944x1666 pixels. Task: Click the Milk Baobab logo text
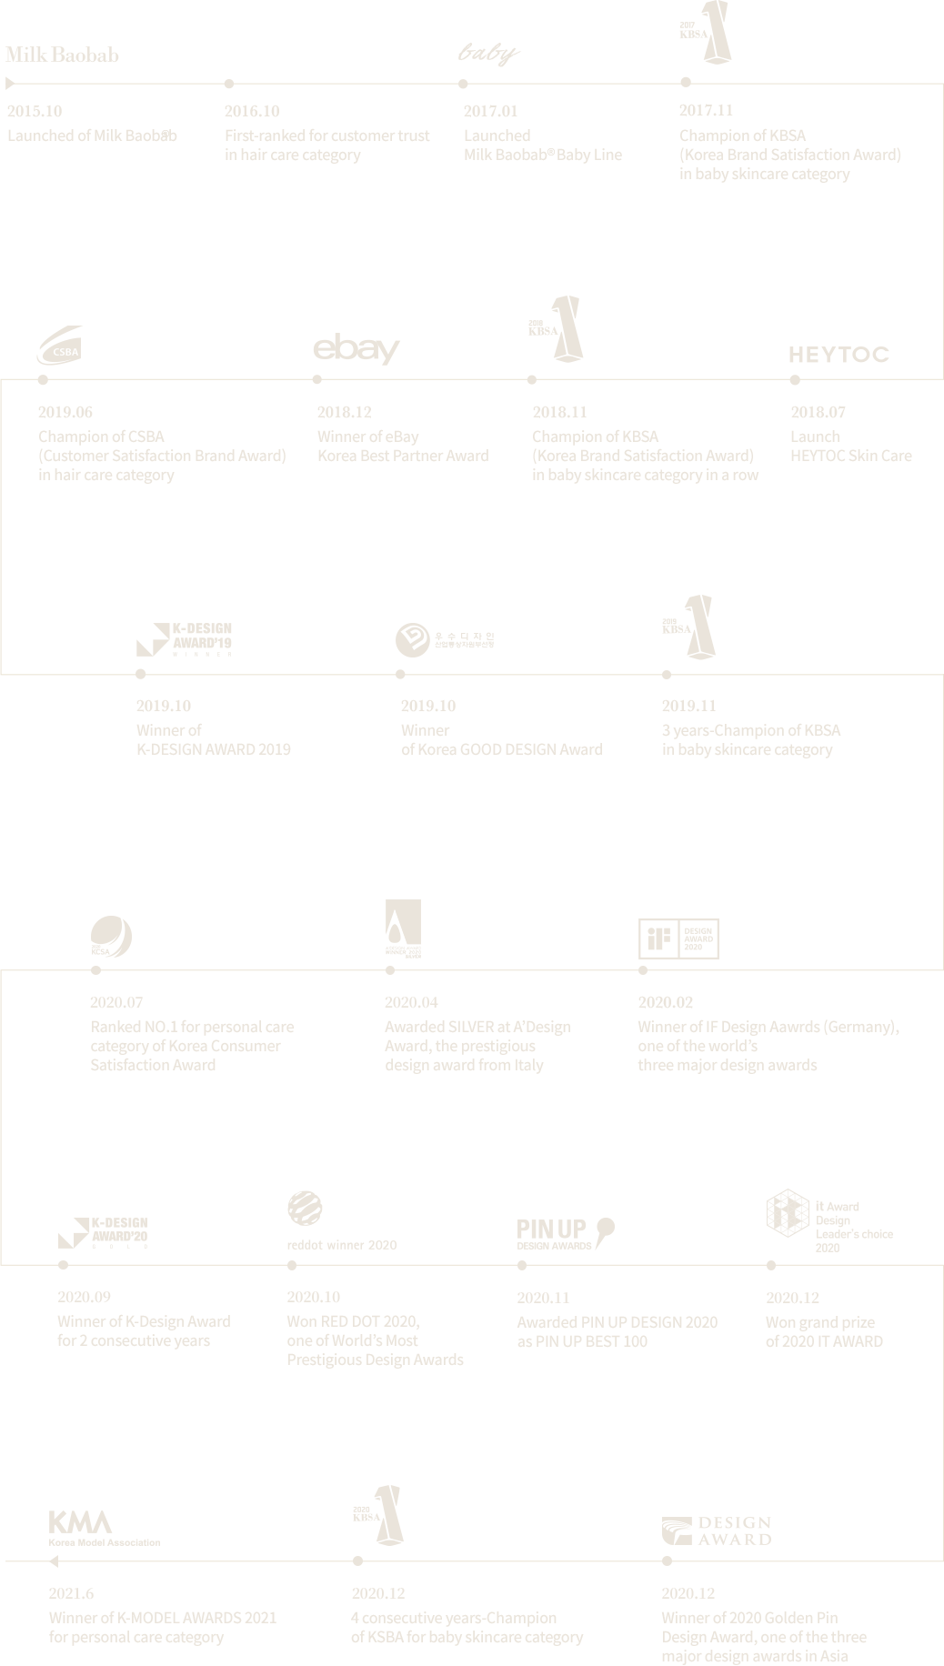click(62, 55)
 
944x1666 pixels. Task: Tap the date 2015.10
click(35, 111)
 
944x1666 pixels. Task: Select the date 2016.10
click(252, 111)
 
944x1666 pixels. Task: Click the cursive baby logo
click(488, 55)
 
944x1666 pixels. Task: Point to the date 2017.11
click(706, 110)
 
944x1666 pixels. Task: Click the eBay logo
click(357, 349)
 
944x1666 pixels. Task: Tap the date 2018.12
click(344, 412)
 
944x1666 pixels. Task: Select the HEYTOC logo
click(840, 356)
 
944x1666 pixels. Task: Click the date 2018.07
click(818, 412)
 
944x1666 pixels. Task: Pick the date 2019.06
click(65, 412)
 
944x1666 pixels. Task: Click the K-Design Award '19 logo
click(184, 639)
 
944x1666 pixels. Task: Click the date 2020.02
click(665, 1002)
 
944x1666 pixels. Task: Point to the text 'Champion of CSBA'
click(102, 437)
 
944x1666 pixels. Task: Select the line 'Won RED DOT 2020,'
click(355, 1321)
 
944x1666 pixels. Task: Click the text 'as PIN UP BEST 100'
click(586, 1340)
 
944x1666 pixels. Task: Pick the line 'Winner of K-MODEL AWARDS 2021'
click(162, 1618)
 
